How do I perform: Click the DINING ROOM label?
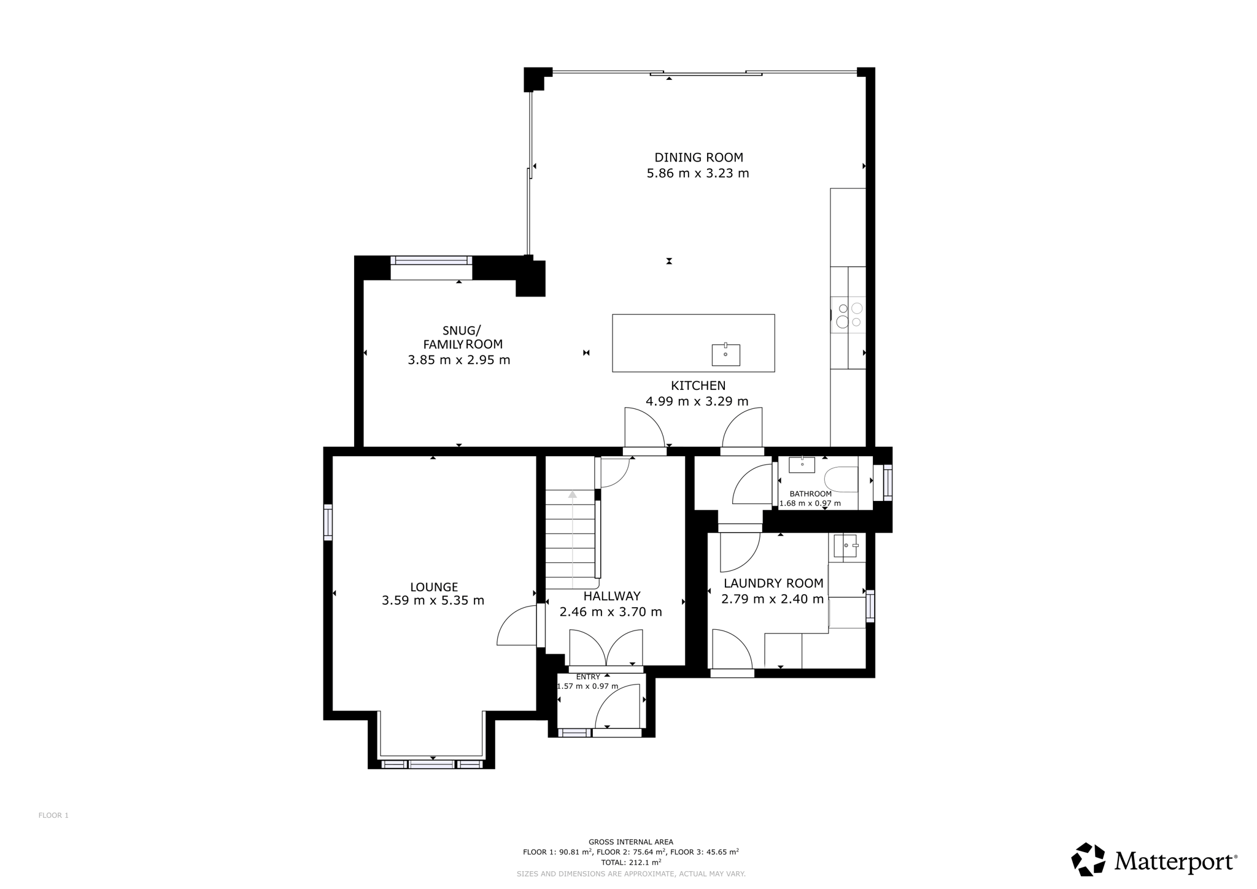point(698,158)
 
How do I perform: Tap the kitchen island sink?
point(725,354)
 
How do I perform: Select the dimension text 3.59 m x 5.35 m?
point(433,600)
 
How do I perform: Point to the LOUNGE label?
point(434,587)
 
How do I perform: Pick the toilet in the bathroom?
point(841,479)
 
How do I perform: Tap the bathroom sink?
point(802,465)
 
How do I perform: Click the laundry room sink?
point(846,546)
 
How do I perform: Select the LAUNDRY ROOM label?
point(773,583)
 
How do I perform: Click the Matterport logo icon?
point(1088,859)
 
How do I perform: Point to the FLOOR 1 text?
point(53,815)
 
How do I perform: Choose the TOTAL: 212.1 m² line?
point(631,862)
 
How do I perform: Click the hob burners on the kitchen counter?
point(849,315)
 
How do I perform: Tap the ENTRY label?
point(588,677)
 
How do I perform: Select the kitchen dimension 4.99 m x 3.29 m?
point(697,402)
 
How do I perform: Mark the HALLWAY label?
point(612,596)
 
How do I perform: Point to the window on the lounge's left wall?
point(328,522)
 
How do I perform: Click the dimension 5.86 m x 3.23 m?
point(698,173)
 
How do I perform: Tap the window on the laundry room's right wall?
point(870,606)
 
